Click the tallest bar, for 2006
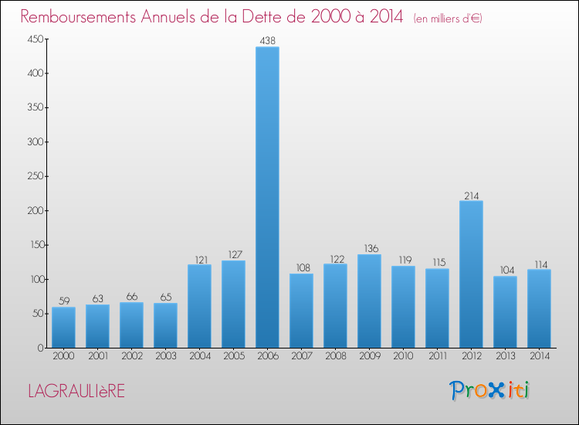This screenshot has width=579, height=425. [x=267, y=197]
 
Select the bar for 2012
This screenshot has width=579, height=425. [x=471, y=274]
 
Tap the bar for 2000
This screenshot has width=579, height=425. [x=63, y=328]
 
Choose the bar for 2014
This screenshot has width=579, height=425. [x=539, y=308]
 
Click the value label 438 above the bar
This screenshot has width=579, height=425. [x=267, y=40]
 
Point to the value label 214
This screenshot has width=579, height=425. [x=471, y=195]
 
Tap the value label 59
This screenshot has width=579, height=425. [x=63, y=301]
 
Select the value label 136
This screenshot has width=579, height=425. [x=369, y=248]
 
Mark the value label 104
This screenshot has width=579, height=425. [x=505, y=270]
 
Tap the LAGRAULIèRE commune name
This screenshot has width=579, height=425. [x=76, y=392]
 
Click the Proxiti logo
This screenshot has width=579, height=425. [x=489, y=390]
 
